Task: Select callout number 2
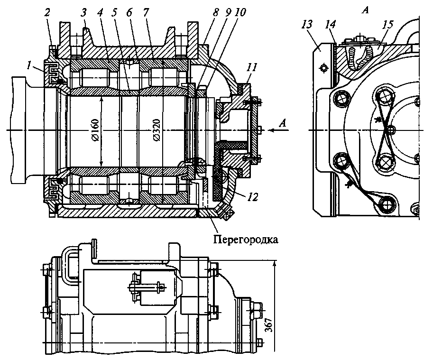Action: click(48, 13)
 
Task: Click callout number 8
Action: click(216, 13)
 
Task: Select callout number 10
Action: click(240, 13)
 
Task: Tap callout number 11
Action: click(253, 67)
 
